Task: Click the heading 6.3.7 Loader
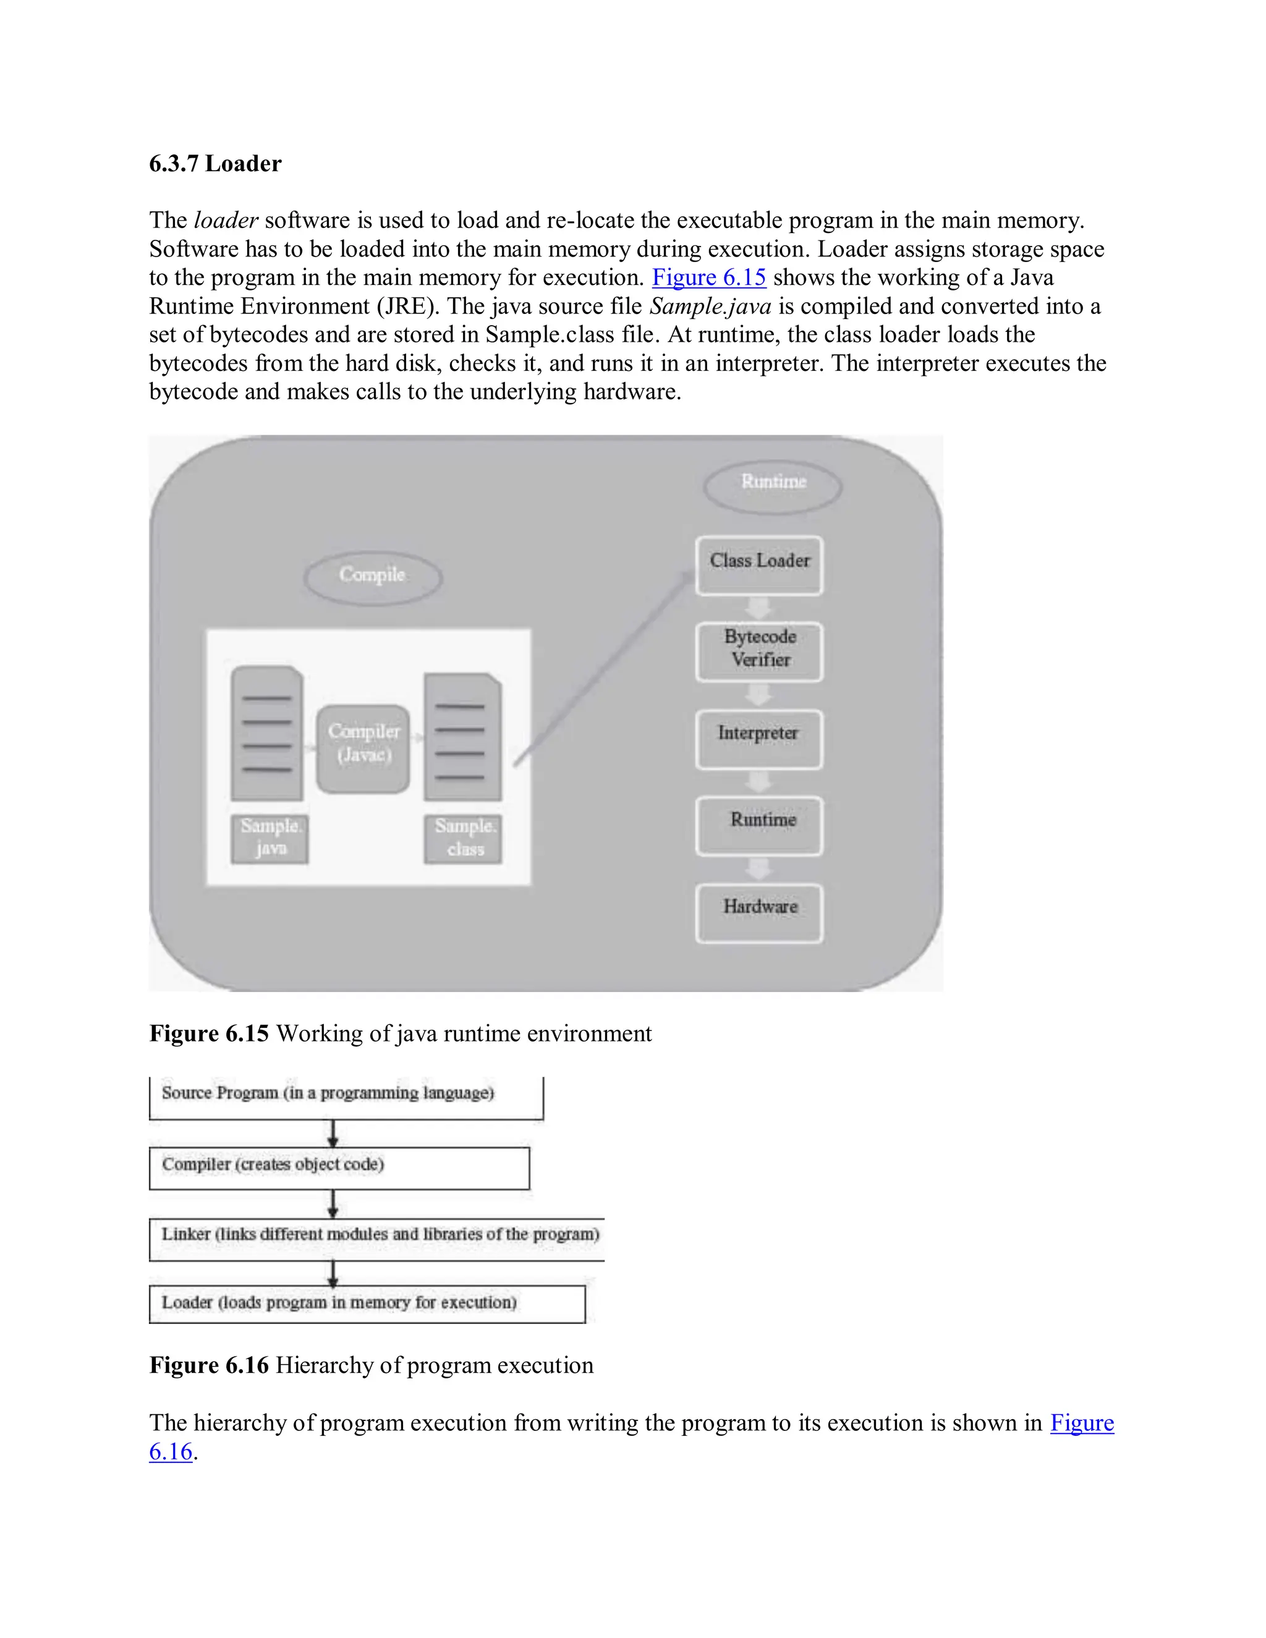pos(215,164)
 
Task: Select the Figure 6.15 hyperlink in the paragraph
pos(709,278)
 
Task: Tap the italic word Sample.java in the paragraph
pos(710,306)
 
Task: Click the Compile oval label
pos(373,575)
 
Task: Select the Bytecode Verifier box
pos(759,650)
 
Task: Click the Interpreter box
pos(759,738)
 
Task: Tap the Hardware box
pos(759,911)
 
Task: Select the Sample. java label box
pos(270,839)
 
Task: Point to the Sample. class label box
pos(463,839)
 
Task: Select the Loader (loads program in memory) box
pos(367,1304)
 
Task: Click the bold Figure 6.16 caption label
pos(208,1365)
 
